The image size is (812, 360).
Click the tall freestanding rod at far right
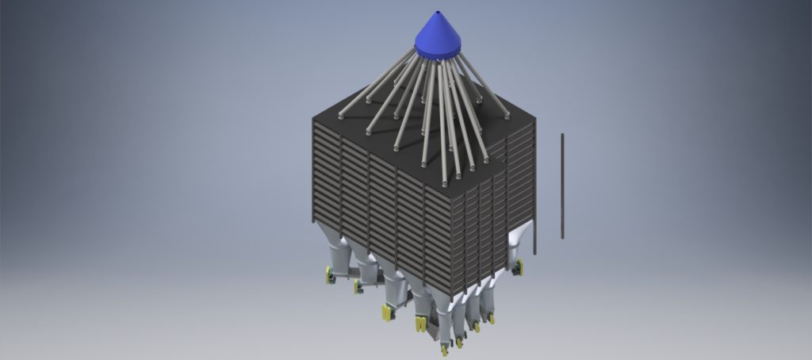click(x=562, y=186)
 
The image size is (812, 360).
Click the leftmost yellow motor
click(x=328, y=275)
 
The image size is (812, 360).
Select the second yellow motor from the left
click(x=358, y=285)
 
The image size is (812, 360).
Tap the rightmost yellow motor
click(x=519, y=266)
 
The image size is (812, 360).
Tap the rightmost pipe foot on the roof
click(x=506, y=116)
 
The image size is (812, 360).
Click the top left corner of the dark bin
click(x=314, y=121)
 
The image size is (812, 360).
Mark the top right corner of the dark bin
click(x=534, y=119)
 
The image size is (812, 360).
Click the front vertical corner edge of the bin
click(x=452, y=246)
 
